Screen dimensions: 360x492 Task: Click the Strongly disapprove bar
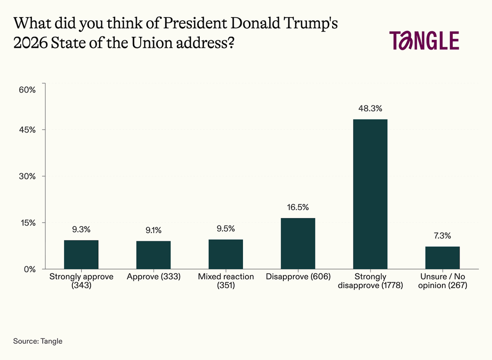point(370,194)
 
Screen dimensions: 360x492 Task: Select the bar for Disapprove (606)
point(298,243)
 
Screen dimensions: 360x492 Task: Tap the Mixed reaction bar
point(225,254)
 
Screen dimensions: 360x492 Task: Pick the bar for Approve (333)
point(154,255)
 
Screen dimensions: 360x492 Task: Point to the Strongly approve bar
point(81,254)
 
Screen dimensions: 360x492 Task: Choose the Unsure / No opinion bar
point(442,258)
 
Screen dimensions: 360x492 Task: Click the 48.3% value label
point(370,108)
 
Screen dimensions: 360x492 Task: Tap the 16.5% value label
point(298,207)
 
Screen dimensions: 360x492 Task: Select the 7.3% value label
point(442,235)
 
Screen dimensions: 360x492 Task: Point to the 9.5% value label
point(225,229)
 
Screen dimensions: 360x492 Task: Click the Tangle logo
point(424,40)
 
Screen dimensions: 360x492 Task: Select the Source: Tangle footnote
point(38,340)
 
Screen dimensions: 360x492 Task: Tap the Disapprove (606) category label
point(298,277)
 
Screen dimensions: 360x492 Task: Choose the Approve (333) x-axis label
point(154,277)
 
